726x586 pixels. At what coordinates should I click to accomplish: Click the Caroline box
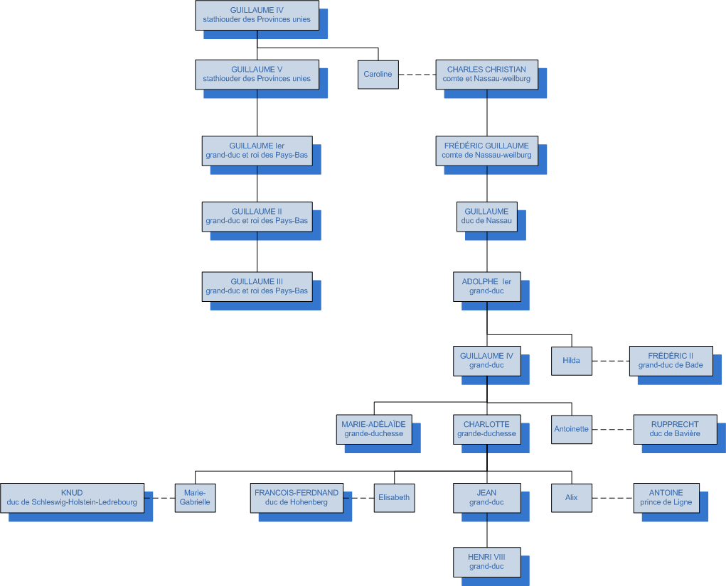[x=378, y=75]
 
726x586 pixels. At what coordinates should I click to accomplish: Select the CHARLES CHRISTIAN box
[x=486, y=75]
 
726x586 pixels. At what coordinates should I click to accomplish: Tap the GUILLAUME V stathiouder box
[x=257, y=74]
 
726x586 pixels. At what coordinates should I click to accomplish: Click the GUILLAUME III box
[x=257, y=286]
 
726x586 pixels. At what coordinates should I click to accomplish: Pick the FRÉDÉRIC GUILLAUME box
[x=486, y=151]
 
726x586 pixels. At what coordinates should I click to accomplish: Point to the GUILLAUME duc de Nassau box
[x=486, y=216]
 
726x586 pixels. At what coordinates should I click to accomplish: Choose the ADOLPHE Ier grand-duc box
[x=486, y=286]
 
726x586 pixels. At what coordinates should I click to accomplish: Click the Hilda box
[x=571, y=360]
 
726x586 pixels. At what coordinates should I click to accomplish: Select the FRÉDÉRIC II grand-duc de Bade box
[x=671, y=361]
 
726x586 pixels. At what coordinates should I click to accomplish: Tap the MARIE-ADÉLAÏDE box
[x=374, y=429]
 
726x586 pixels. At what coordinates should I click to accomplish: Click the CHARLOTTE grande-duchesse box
[x=486, y=429]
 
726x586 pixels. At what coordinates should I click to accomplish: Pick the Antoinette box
[x=571, y=429]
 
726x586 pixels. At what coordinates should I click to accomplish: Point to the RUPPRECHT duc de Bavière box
[x=675, y=429]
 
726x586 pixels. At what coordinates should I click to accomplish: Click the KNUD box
[x=72, y=498]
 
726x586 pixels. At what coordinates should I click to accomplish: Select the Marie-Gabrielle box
[x=195, y=498]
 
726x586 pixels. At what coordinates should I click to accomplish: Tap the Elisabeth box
[x=394, y=498]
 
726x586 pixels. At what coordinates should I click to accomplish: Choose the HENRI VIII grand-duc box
[x=486, y=562]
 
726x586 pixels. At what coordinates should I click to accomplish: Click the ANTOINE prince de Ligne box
[x=666, y=498]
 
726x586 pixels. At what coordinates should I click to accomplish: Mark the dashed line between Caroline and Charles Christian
[x=417, y=75]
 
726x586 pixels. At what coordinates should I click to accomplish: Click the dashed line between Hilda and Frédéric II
[x=610, y=361]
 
